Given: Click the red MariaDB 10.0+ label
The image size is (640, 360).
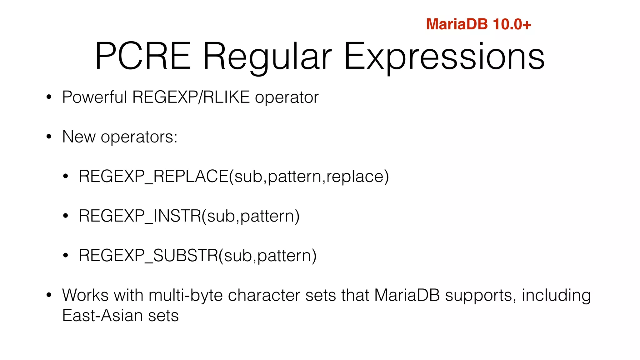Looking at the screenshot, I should [478, 24].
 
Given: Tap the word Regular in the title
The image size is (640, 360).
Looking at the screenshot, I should [267, 57].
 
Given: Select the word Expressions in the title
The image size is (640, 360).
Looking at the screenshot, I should [444, 57].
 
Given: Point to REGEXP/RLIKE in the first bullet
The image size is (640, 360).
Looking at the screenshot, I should [191, 97].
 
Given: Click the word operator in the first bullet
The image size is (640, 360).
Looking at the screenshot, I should [287, 98].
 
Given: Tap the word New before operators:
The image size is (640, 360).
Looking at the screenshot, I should [79, 137].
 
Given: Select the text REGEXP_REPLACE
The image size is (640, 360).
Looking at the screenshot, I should [153, 176].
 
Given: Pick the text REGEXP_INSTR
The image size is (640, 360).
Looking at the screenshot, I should [140, 216].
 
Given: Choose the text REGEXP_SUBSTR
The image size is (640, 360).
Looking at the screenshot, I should [148, 256].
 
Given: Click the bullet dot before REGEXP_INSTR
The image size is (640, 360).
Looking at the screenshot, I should [65, 216].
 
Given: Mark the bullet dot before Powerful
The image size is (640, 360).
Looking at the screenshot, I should [48, 97].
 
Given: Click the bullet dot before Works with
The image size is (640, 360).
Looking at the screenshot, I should [48, 295].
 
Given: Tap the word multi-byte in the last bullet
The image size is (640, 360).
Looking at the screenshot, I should [186, 296].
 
